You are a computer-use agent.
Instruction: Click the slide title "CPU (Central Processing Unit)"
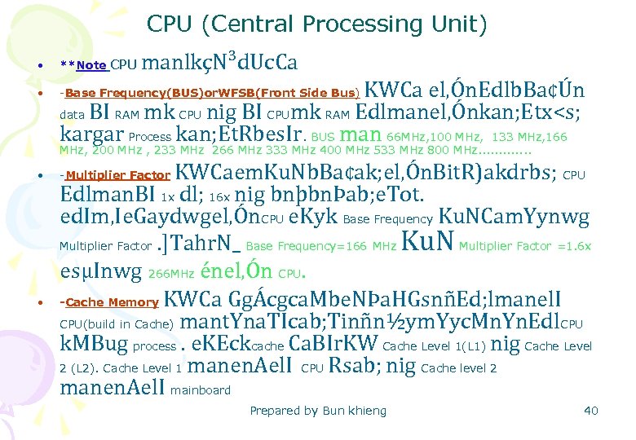(317, 25)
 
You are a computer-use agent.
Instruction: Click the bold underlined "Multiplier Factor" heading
(117, 175)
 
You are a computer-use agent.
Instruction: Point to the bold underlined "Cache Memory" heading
(112, 302)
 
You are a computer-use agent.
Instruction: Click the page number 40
(591, 411)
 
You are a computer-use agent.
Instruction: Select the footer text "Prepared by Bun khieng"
(318, 411)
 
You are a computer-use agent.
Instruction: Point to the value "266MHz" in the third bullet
(172, 274)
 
